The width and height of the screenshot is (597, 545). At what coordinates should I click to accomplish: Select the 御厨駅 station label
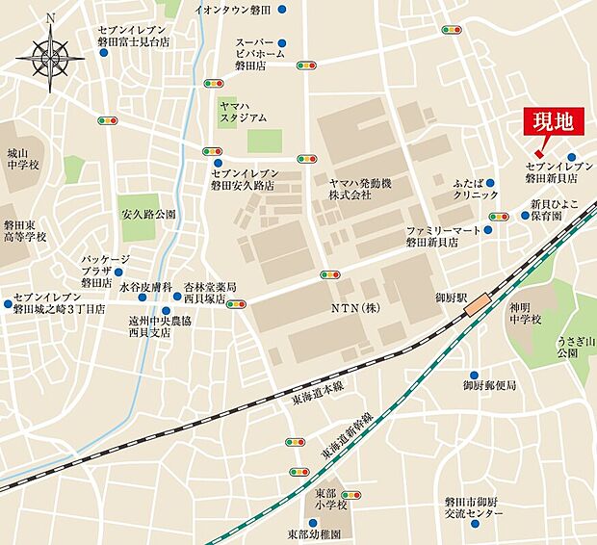pyautogui.click(x=450, y=299)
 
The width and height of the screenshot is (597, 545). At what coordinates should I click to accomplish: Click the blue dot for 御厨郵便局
pyautogui.click(x=473, y=375)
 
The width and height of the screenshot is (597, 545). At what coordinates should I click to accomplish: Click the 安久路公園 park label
pyautogui.click(x=148, y=214)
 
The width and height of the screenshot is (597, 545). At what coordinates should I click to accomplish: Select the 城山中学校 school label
pyautogui.click(x=23, y=159)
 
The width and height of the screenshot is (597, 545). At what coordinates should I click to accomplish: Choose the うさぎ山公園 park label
pyautogui.click(x=574, y=348)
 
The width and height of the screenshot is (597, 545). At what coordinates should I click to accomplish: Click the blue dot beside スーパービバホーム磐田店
pyautogui.click(x=281, y=43)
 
